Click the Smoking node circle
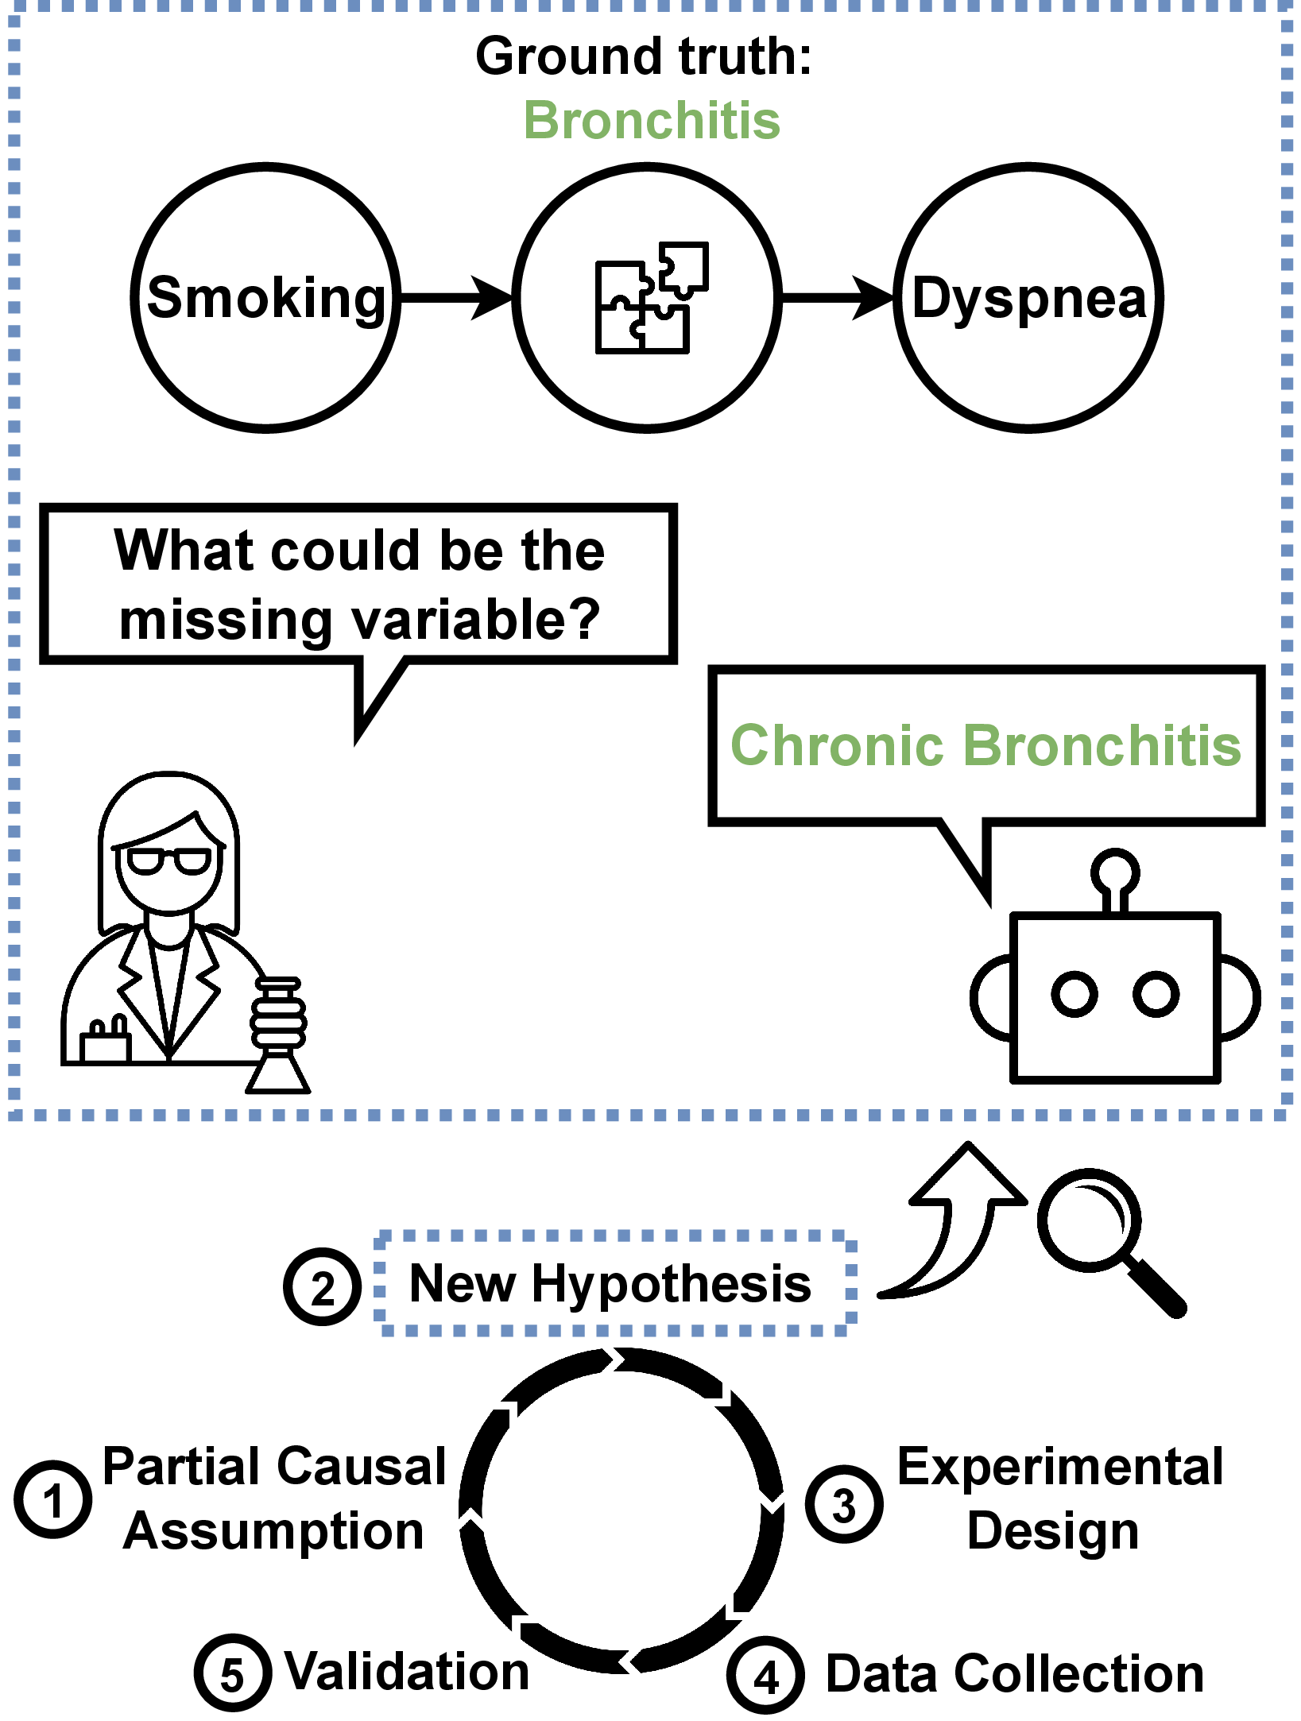(265, 298)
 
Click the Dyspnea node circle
(1028, 298)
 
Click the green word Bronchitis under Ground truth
(652, 121)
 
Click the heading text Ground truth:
(644, 56)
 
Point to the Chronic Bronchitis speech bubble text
(985, 745)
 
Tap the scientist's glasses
(169, 860)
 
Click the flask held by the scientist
(277, 1037)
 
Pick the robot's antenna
(1115, 878)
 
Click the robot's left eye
(1074, 994)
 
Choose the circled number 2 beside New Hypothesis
(323, 1286)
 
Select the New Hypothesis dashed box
(615, 1283)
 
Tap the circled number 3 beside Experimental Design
(844, 1504)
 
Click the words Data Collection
(1015, 1673)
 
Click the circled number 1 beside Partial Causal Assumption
(52, 1499)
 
